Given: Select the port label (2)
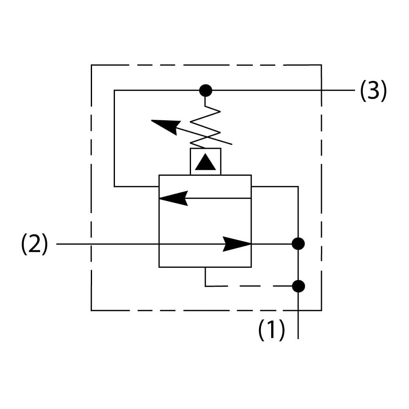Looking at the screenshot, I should tap(34, 245).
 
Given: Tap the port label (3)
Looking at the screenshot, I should tap(373, 91).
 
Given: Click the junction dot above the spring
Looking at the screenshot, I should tap(205, 90).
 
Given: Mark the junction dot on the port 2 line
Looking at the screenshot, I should tap(298, 244).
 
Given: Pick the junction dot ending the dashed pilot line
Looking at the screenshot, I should tap(298, 286).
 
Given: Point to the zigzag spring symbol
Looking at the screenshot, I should tap(206, 127).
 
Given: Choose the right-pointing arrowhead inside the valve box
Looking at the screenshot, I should tap(237, 244).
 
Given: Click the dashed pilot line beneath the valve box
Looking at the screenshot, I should tap(245, 286).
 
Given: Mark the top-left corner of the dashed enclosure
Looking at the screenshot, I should tap(91, 65).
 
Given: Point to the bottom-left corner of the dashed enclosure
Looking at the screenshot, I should tap(91, 310).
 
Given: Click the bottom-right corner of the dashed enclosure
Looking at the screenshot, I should tap(321, 310).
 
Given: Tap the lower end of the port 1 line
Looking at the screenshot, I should tap(298, 338).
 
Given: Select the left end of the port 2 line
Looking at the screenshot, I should tap(57, 244).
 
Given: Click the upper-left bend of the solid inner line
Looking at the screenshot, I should tap(115, 90).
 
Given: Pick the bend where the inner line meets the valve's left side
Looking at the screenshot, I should tap(115, 187).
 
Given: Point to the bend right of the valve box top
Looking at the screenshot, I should tap(298, 187).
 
